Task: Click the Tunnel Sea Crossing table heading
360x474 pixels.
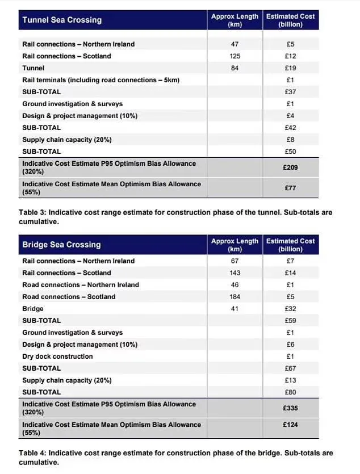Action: (x=62, y=20)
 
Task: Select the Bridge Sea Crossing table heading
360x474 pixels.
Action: (x=61, y=245)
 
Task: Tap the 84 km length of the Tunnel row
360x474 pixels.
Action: (x=235, y=68)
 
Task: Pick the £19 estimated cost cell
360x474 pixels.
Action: (x=291, y=68)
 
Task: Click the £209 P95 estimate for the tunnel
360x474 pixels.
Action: (x=291, y=167)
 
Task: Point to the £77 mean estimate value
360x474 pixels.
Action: (x=291, y=188)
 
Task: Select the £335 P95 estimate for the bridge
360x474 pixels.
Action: (x=291, y=408)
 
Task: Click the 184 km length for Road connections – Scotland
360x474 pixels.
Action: (x=235, y=297)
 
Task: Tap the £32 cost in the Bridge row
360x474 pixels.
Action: (x=291, y=309)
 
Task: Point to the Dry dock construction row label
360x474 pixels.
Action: (x=57, y=356)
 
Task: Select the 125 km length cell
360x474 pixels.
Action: (x=235, y=56)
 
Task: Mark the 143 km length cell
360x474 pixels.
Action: (x=235, y=273)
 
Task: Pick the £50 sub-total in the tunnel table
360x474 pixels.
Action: (x=291, y=152)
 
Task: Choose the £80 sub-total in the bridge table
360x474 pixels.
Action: (x=291, y=392)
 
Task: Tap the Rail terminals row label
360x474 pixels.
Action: (x=101, y=80)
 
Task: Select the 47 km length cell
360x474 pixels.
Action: (x=235, y=44)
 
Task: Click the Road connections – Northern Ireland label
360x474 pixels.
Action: (x=81, y=285)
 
